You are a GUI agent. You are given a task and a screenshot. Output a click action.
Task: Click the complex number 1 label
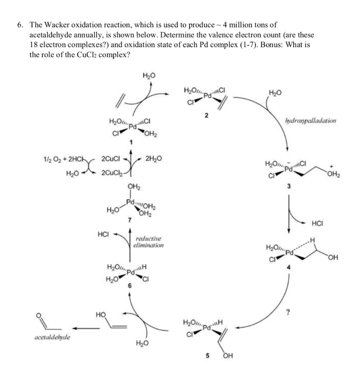tap(131, 142)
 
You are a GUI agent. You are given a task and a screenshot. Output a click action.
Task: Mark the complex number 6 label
tap(130, 286)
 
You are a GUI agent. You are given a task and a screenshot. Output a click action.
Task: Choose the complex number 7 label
tap(130, 220)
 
